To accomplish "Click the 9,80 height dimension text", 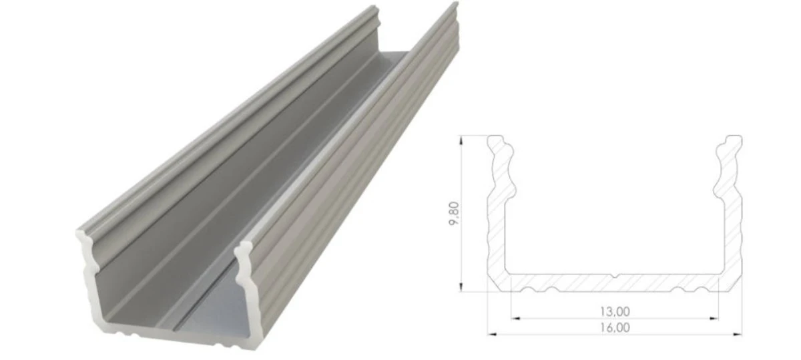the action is (454, 214).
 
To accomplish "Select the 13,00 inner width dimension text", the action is (615, 312).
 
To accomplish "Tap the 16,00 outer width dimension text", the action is (615, 328).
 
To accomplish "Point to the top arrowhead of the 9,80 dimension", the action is (462, 140).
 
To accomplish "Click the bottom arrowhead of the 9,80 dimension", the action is (462, 287).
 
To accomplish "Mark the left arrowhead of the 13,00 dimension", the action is (516, 318).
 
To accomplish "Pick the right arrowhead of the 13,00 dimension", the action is (714, 318).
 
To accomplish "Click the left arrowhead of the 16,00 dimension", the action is (493, 334).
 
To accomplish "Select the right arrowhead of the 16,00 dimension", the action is (738, 334).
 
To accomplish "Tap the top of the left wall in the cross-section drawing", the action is (495, 136).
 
